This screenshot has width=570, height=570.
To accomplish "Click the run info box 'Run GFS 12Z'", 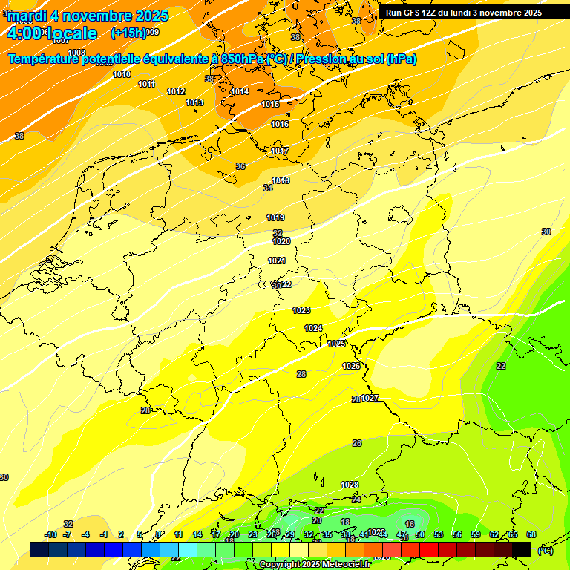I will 464,13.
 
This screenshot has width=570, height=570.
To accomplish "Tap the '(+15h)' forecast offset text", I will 128,33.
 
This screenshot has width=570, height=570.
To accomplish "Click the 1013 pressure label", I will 194,102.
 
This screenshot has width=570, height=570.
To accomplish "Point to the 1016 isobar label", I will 280,124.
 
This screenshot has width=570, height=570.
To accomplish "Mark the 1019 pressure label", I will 275,217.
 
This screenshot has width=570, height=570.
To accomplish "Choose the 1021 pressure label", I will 277,261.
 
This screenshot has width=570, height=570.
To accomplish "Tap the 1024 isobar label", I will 313,328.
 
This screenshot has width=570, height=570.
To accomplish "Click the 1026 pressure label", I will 351,366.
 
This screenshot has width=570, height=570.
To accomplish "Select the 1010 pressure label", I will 122,74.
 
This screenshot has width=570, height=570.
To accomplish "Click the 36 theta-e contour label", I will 240,166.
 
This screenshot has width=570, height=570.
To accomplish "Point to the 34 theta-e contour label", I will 268,188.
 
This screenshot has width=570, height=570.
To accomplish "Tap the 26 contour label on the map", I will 357,443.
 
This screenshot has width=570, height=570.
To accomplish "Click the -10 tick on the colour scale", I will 50,534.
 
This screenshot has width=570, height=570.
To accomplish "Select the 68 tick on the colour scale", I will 531,534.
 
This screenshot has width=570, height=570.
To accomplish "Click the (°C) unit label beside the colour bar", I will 546,550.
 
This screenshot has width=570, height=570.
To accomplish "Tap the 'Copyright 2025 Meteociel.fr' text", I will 315,564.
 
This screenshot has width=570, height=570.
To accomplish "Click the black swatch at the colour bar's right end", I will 522,549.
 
